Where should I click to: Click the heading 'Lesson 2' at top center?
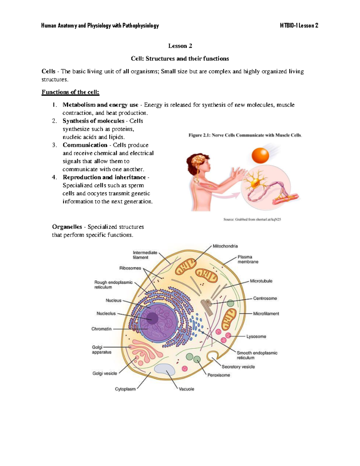click(180, 46)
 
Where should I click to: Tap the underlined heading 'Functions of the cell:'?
click(70, 92)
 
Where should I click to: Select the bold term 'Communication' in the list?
click(85, 145)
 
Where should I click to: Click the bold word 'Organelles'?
click(67, 227)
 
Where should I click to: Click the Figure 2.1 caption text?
click(245, 135)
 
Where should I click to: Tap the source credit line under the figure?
click(252, 219)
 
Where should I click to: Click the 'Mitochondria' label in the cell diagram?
click(225, 246)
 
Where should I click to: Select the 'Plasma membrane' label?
click(248, 259)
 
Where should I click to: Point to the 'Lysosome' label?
click(256, 336)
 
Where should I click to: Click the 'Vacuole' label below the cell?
click(186, 389)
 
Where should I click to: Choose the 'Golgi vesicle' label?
click(105, 373)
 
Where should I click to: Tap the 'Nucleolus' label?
click(106, 313)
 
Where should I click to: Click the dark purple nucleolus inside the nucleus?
click(152, 318)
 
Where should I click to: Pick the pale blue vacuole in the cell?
click(165, 369)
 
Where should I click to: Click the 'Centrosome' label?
click(265, 298)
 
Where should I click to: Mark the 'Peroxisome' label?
click(219, 375)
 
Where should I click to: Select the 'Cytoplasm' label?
click(125, 389)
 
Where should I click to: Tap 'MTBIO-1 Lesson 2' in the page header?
click(299, 26)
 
